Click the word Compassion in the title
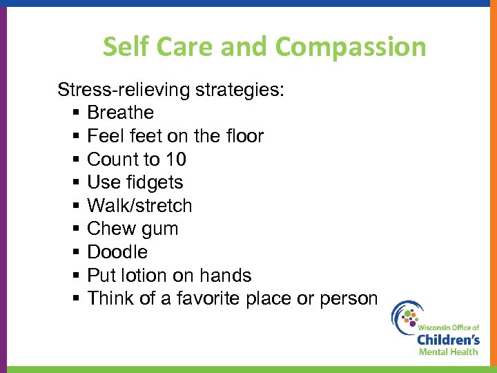(351, 48)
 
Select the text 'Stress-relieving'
(126, 90)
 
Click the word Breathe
(120, 113)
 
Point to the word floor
(242, 136)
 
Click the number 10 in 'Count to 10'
(175, 160)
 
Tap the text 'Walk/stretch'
(139, 206)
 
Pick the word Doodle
(117, 252)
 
